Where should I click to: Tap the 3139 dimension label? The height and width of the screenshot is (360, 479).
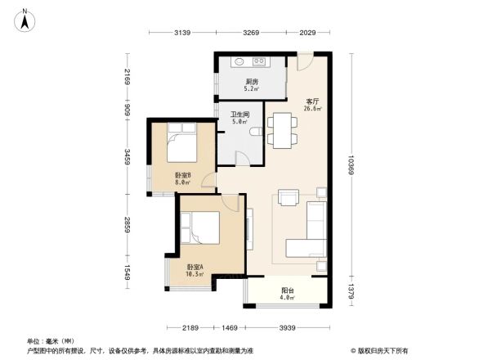tap(181, 33)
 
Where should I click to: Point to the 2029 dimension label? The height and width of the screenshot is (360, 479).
tap(307, 33)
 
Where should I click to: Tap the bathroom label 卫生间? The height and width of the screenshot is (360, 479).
tap(239, 116)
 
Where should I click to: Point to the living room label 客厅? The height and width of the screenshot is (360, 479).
tap(311, 103)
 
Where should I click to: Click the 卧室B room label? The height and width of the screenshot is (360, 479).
tap(181, 178)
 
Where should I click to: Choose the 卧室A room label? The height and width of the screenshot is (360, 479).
tap(195, 269)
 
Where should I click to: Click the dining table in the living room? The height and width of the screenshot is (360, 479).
tap(284, 128)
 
